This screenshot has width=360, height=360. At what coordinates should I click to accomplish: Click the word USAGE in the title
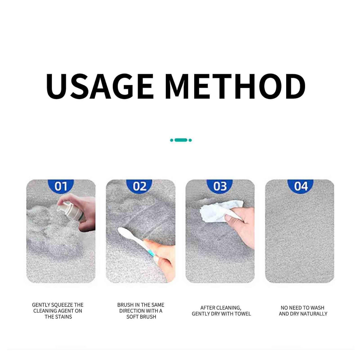100,87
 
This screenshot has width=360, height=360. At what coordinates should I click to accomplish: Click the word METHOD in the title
235,87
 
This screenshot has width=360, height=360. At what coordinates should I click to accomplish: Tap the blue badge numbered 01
61,186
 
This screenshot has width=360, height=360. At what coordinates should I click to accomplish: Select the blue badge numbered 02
139,186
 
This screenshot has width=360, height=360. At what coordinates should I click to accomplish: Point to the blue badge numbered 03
220,186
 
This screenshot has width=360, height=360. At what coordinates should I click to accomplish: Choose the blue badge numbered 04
300,186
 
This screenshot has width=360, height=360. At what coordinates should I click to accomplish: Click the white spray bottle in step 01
71,211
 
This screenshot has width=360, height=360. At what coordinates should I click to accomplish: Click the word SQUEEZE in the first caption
62,305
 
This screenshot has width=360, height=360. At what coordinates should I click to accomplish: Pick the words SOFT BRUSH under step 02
141,317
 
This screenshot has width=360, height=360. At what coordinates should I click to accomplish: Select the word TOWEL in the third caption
243,314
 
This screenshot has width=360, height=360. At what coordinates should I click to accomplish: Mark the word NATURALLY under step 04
313,314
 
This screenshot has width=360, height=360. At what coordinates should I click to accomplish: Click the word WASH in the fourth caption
317,308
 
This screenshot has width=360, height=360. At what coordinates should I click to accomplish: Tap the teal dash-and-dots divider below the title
181,140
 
